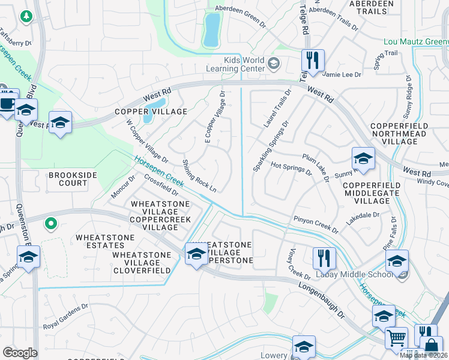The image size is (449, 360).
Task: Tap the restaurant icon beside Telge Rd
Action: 313,60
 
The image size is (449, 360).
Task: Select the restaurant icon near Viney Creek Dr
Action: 324,258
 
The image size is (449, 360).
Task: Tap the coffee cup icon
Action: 7,103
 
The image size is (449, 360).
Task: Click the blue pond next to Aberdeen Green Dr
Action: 211,30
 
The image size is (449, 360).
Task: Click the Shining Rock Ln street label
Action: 199,175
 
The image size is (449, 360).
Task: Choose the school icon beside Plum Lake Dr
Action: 363,159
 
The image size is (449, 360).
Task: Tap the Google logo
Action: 20,353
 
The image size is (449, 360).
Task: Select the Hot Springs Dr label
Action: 291,168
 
